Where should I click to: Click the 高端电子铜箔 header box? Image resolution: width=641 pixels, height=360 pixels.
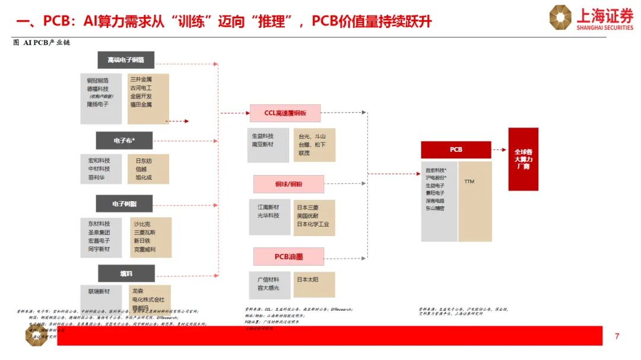pos(126,60)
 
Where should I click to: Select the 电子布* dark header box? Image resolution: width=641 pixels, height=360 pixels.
pos(125,141)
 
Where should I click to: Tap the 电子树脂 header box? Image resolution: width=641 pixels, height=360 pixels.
pos(125,203)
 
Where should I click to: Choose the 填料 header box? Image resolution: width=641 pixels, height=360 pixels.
pos(126,273)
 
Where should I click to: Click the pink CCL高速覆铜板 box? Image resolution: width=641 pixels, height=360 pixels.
pos(285,113)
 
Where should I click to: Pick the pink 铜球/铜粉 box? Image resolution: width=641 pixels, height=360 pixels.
pos(288,184)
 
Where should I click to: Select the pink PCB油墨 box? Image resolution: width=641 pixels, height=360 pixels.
pos(288,256)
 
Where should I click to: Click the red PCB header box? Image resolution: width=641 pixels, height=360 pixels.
pos(456,149)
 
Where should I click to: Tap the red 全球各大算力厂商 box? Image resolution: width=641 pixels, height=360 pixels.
pos(523,159)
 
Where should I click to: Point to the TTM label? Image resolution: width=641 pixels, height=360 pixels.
pos(469,181)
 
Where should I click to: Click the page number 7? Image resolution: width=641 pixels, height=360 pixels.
pos(617,337)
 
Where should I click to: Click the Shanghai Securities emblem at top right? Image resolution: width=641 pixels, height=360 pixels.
pos(560,17)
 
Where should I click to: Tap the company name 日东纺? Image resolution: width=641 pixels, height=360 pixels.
pos(144,161)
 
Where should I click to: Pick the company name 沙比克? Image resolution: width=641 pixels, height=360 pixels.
pos(142,224)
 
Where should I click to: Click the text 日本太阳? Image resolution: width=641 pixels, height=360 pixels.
pos(308,280)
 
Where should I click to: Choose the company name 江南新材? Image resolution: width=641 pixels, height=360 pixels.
pos(268,208)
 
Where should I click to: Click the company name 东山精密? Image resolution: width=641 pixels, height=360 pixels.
pos(435,209)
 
